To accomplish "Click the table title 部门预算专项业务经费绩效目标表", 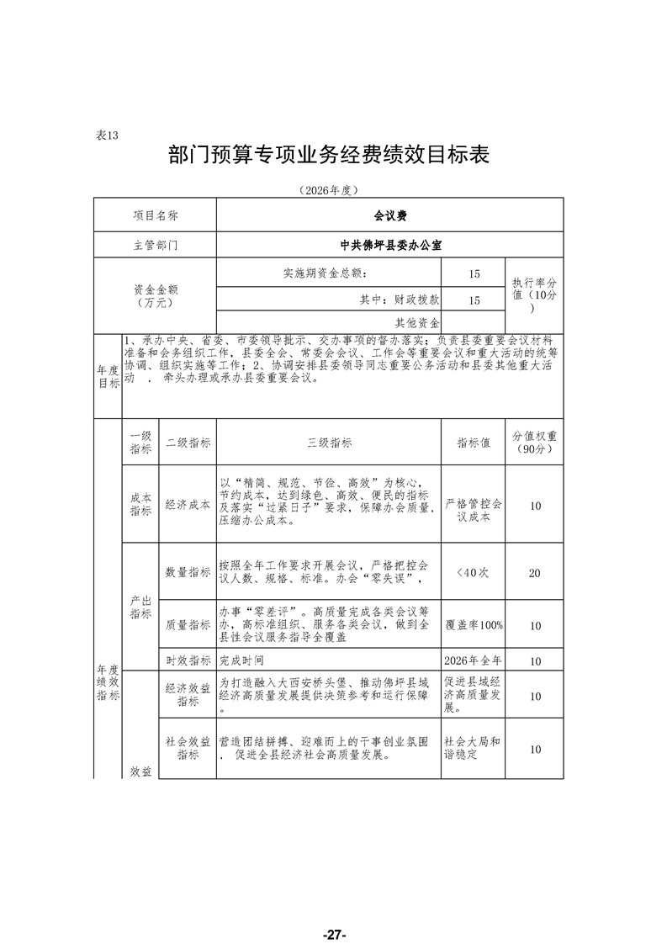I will (x=329, y=156).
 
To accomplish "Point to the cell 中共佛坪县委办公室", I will (x=390, y=246).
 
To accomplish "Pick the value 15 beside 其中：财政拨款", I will (x=474, y=300).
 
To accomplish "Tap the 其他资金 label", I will (x=417, y=322).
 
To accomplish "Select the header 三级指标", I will (x=329, y=443).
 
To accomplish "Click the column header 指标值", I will (x=474, y=443).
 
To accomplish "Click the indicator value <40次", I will (x=473, y=572).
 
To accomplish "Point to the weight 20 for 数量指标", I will (x=534, y=573).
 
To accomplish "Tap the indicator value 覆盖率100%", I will (x=474, y=625).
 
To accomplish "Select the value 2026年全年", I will (x=474, y=661).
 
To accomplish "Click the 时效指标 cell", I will (x=188, y=661).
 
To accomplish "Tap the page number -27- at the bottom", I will (x=334, y=911).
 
